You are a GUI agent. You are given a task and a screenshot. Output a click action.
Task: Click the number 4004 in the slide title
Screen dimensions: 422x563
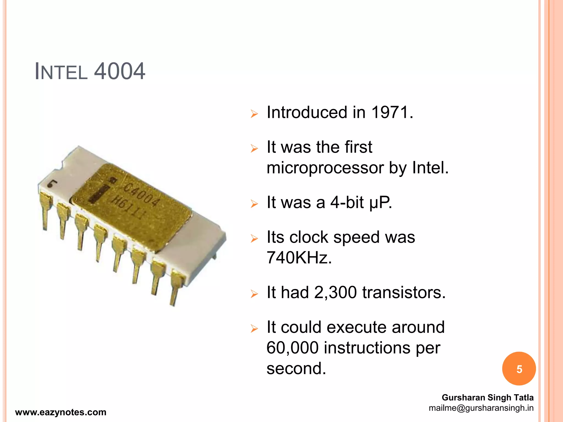coord(119,71)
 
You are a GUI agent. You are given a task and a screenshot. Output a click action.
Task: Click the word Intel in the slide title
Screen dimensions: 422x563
coord(61,72)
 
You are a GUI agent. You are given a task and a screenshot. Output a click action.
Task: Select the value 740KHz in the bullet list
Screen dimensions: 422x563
coord(299,258)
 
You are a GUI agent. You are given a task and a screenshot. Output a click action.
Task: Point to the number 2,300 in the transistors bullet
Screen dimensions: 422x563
coord(335,292)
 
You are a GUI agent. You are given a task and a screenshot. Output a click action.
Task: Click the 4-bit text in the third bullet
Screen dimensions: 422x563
coord(347,202)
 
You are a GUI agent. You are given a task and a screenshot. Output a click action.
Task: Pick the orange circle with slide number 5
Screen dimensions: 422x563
coord(519,369)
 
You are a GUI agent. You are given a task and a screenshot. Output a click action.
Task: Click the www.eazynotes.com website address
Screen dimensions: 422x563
coord(61,412)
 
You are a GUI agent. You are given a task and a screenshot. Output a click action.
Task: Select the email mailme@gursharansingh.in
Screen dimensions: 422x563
coord(481,408)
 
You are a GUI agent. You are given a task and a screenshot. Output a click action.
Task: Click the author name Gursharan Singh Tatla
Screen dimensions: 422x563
coord(487,398)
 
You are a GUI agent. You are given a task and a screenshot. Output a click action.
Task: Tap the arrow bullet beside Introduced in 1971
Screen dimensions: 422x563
coord(254,114)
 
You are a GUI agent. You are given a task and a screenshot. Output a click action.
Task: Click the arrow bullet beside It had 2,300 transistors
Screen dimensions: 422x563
coord(254,294)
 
